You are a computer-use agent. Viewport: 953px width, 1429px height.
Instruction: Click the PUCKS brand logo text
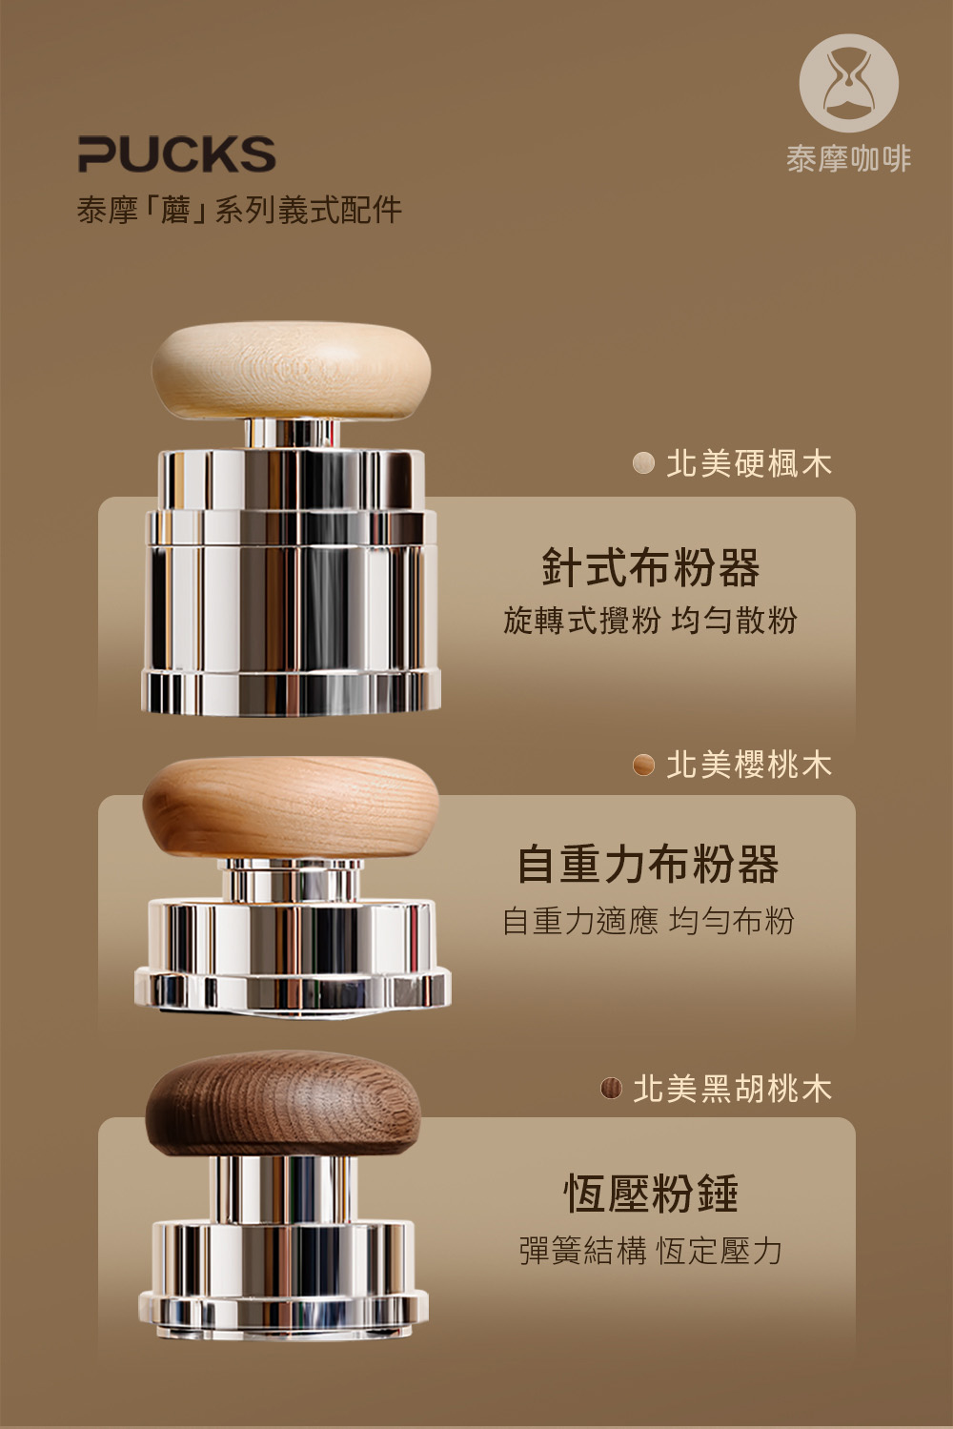[176, 153]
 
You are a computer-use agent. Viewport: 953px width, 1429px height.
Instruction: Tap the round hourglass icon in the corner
[848, 83]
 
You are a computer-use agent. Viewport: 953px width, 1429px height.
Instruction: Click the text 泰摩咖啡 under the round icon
[848, 158]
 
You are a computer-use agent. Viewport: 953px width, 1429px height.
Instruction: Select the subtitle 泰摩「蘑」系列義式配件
[239, 210]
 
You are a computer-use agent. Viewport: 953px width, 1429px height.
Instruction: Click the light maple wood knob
[291, 370]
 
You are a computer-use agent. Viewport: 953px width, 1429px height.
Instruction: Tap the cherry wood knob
[291, 807]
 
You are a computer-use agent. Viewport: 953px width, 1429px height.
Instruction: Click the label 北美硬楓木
[749, 463]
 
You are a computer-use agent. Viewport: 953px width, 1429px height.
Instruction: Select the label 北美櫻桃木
[749, 765]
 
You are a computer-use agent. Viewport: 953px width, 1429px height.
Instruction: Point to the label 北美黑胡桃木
[733, 1089]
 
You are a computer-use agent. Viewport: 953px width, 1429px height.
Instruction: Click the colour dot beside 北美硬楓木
[643, 463]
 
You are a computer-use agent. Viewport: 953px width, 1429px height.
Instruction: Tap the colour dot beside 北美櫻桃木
[643, 765]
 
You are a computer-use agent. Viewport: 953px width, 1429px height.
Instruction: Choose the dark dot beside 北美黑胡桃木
[611, 1089]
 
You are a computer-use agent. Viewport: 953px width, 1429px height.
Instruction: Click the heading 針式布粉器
[651, 567]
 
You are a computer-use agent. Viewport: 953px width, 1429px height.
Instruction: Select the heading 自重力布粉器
[648, 865]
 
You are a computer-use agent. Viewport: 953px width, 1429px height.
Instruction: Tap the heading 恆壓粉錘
[651, 1194]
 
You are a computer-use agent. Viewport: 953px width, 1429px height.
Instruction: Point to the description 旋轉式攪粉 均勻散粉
[651, 620]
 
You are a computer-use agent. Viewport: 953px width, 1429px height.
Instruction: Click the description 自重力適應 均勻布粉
[648, 921]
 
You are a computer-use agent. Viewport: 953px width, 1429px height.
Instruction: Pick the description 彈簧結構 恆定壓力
[651, 1251]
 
